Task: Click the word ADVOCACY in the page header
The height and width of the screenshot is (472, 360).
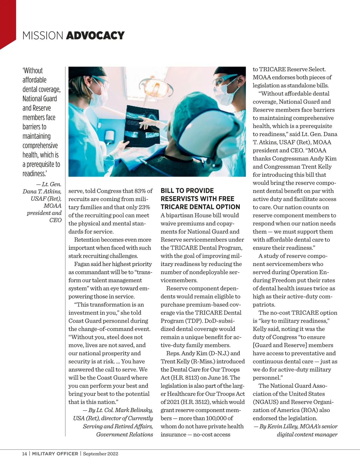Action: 95,35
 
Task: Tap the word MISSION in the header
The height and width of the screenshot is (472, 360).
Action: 43,35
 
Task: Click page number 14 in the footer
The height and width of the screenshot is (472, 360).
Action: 24,453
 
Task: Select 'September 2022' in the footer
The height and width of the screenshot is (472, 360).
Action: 100,453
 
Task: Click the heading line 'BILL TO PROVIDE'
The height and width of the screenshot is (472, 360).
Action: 187,191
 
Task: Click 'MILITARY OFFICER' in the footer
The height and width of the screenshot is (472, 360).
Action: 55,453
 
